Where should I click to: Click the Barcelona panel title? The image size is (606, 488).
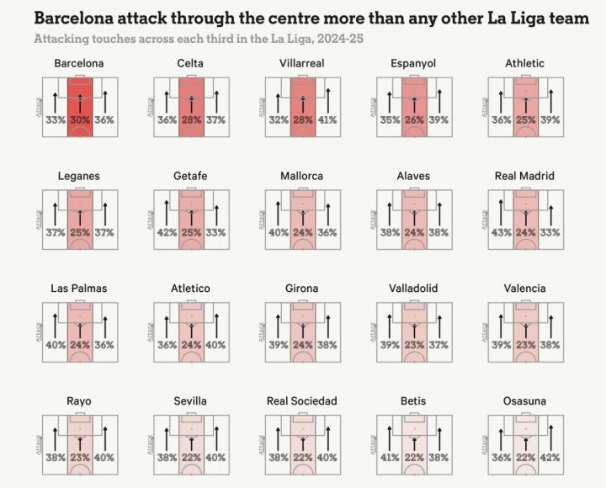[79, 64]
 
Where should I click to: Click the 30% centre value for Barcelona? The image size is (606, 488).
[80, 120]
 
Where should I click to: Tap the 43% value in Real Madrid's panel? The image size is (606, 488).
[501, 233]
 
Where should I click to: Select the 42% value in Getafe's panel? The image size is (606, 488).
[167, 233]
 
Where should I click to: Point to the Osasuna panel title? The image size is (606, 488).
[524, 401]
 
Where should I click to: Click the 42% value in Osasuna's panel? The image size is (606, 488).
[550, 459]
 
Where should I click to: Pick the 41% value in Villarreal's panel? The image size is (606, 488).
[327, 120]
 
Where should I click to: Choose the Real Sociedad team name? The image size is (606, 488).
[301, 401]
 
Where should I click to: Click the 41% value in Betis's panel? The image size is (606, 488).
[389, 459]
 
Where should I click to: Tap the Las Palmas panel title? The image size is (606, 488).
[79, 289]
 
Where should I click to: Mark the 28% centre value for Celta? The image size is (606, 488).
[191, 120]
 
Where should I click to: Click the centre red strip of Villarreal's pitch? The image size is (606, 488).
[302, 93]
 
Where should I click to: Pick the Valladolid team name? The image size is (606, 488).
[413, 289]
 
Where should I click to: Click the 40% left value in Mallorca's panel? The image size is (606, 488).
[278, 233]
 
